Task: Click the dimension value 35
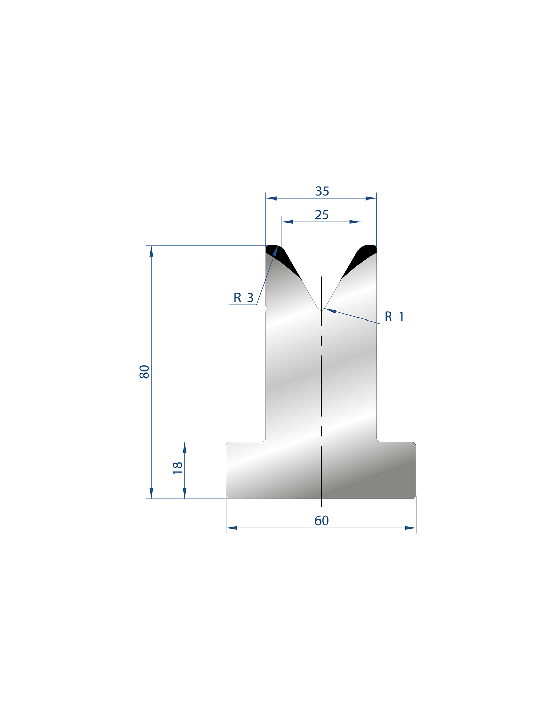coord(322,191)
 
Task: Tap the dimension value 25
coord(321,215)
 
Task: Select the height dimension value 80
coord(144,372)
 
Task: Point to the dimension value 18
coord(178,468)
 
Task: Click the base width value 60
coord(321,521)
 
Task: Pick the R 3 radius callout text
coord(243,298)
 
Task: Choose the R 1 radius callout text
coord(394,317)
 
